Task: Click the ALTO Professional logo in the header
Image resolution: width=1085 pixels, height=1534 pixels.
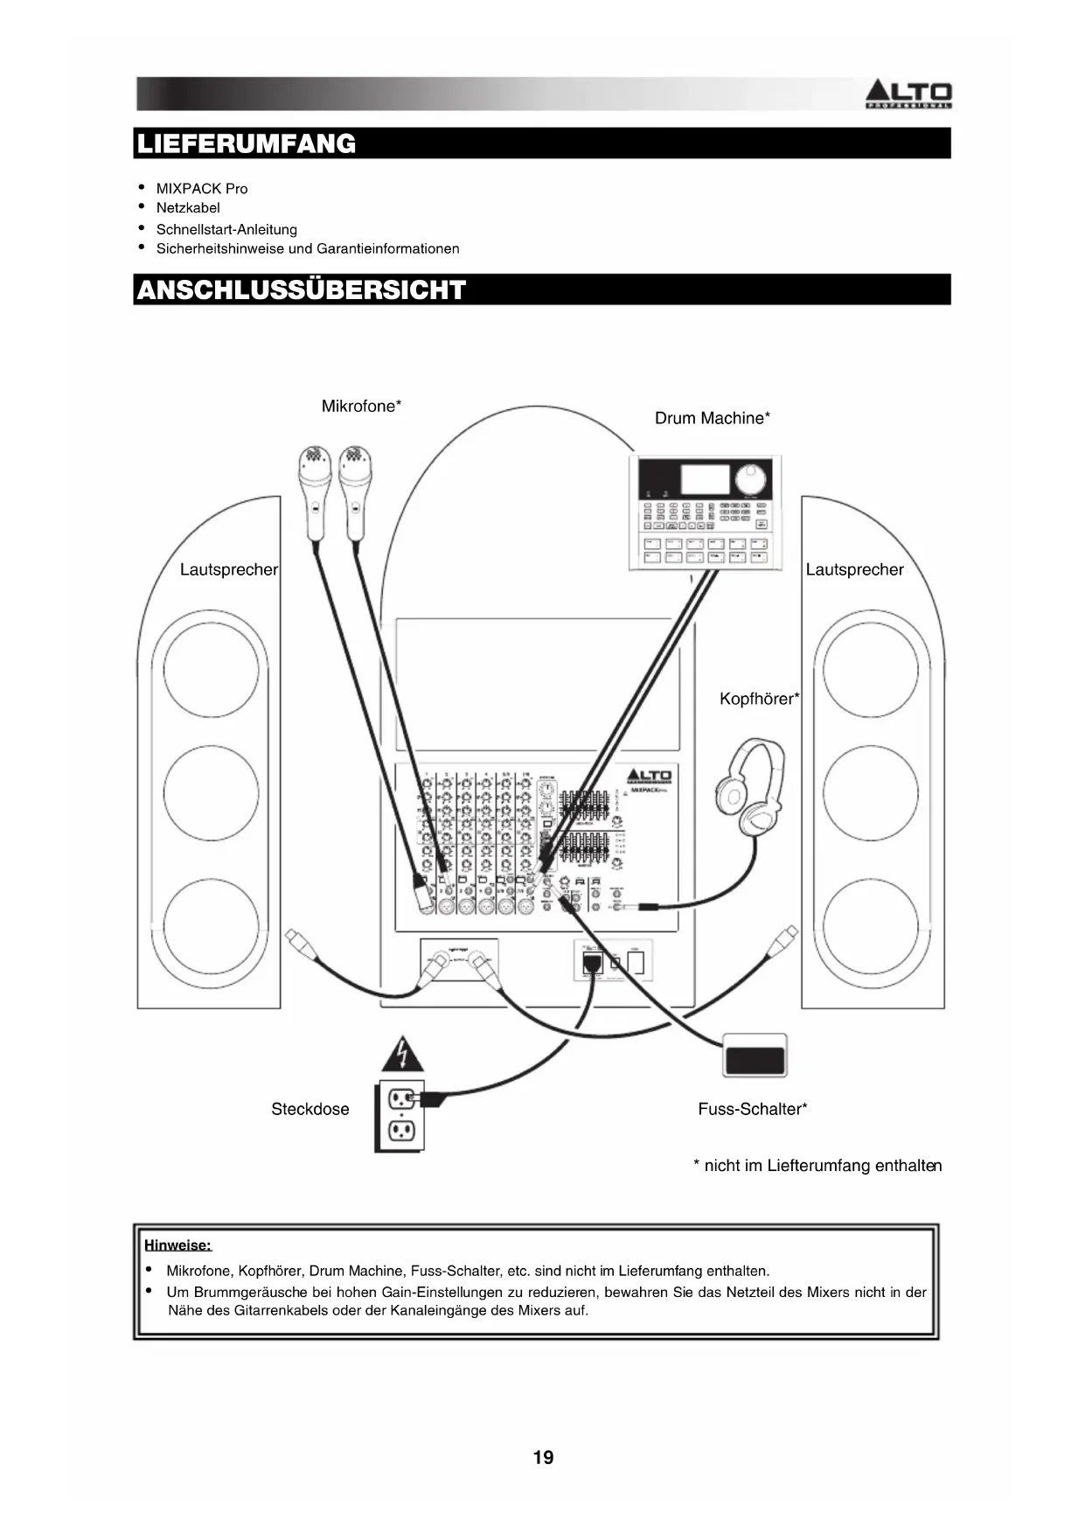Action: (908, 94)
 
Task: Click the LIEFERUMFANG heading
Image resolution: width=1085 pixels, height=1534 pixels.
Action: (247, 143)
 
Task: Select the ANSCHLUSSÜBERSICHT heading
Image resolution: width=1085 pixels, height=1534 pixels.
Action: (302, 289)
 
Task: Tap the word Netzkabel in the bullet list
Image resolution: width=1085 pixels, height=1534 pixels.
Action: (188, 208)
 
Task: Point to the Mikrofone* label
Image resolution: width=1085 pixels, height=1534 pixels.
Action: (361, 406)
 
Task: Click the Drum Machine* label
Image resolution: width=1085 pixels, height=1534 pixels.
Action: (712, 418)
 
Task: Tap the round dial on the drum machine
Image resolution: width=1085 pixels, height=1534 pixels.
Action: (749, 479)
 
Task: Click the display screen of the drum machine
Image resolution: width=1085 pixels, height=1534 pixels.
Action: (705, 479)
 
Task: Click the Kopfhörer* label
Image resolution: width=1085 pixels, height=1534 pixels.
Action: (759, 699)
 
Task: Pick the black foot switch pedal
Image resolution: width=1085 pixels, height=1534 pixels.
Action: (755, 1056)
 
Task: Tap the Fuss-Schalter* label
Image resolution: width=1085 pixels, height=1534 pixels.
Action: (752, 1109)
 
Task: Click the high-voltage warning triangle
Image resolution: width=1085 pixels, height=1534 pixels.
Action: (402, 1056)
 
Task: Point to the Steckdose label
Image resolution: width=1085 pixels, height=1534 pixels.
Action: (310, 1109)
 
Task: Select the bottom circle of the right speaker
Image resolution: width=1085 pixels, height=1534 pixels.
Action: (871, 926)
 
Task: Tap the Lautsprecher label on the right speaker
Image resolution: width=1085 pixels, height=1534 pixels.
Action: (854, 569)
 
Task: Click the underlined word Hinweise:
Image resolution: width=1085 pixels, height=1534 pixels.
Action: (177, 1245)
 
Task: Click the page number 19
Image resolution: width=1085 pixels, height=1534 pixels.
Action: (543, 1457)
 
